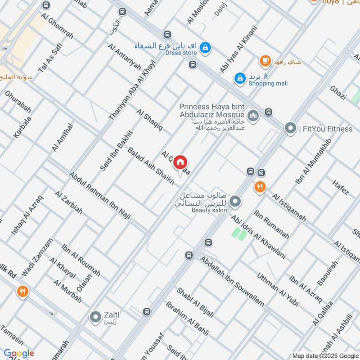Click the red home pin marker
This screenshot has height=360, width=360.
[x=180, y=162]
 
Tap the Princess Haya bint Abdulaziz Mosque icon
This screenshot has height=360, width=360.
[x=254, y=116]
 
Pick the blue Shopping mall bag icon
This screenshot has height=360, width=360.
[x=240, y=78]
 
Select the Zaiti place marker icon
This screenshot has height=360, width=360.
[x=95, y=317]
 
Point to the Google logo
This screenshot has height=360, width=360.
[x=19, y=354]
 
